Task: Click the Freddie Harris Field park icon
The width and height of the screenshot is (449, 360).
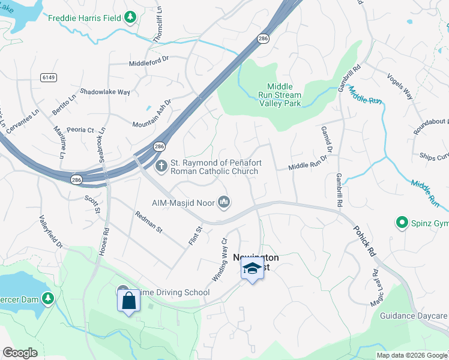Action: click(x=130, y=17)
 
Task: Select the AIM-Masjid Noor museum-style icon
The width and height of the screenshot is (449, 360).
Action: click(x=224, y=202)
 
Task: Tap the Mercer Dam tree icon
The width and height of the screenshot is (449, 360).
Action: click(x=47, y=297)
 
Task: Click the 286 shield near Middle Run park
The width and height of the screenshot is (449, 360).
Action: click(x=263, y=38)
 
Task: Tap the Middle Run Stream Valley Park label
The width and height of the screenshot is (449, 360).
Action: click(x=280, y=95)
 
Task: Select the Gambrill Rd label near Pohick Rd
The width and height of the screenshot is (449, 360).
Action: click(x=339, y=191)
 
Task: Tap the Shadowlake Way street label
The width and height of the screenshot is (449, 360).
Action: click(x=105, y=92)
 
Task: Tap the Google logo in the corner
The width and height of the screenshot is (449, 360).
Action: click(x=20, y=353)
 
